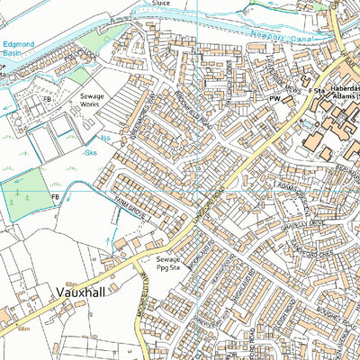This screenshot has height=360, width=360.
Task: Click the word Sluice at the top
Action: (x=161, y=4)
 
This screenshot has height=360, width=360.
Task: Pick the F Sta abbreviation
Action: (x=316, y=92)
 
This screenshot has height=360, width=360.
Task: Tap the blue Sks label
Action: (x=90, y=153)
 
